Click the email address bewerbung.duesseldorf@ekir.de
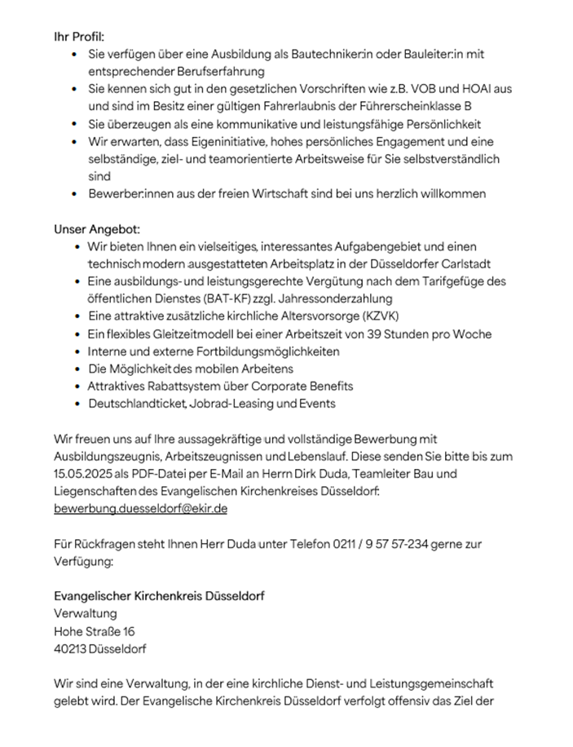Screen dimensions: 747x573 [140, 508]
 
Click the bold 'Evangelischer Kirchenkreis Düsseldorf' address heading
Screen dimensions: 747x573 [159, 596]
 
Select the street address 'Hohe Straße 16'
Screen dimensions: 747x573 [95, 631]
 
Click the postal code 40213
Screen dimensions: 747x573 [70, 649]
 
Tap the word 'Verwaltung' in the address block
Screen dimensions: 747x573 [85, 613]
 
